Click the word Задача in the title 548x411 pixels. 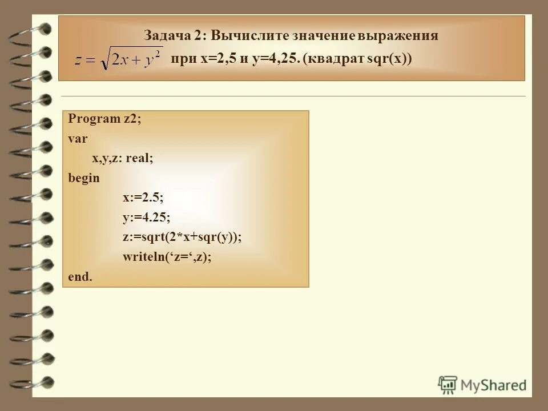(164, 35)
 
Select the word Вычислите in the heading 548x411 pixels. (249, 35)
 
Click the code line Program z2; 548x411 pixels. (104, 119)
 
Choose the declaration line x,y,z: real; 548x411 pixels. (122, 158)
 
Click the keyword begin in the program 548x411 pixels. (83, 178)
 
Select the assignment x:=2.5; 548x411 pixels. (143, 198)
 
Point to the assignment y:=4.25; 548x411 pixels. (146, 217)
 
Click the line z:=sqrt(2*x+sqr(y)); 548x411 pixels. (182, 237)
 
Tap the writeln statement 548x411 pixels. (167, 257)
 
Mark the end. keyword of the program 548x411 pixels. (79, 277)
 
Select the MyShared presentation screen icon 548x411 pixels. (448, 384)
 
